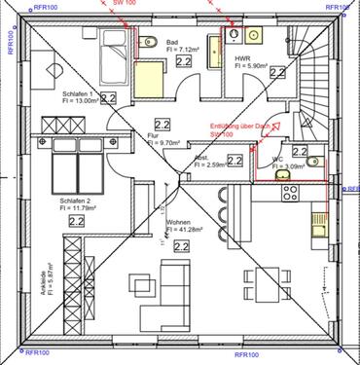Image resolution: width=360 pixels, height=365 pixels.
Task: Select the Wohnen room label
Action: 178,223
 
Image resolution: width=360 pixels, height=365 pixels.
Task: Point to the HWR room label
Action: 242,60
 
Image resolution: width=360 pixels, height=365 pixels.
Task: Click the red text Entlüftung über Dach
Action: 240,127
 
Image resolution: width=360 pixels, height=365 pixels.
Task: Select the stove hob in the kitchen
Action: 288,195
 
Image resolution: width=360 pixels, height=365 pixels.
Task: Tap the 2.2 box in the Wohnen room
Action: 181,247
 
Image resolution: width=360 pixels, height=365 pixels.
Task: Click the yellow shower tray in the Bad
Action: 149,75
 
